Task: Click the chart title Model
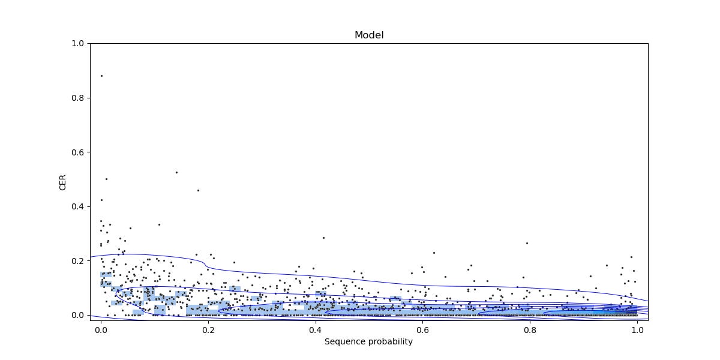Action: coord(369,35)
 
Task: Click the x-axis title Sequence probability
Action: coord(368,342)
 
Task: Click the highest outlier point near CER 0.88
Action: coord(101,76)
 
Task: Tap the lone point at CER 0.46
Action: coord(198,190)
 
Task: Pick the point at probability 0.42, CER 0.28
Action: coord(323,238)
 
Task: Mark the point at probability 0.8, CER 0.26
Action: coord(527,243)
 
